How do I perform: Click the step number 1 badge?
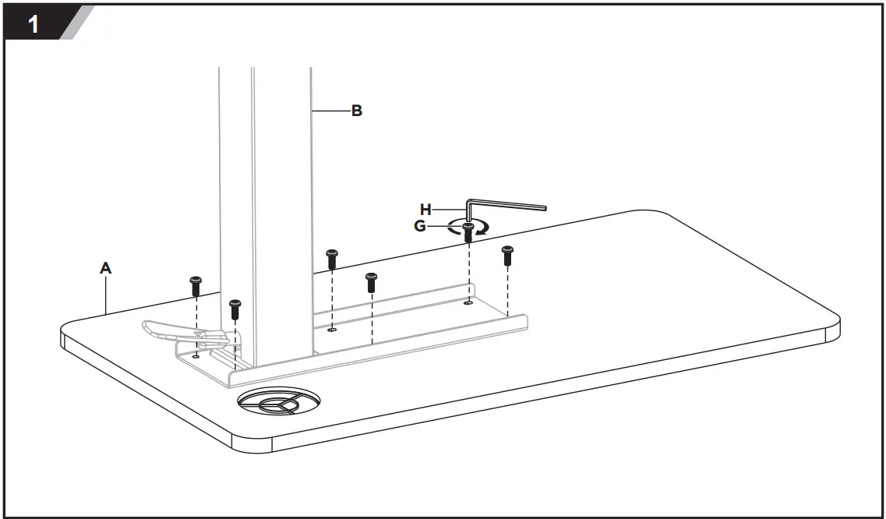35,23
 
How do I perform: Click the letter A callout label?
106,268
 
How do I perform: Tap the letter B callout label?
356,111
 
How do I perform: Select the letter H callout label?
425,209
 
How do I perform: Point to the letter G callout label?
420,226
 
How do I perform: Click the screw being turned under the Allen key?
468,231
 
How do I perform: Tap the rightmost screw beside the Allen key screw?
507,255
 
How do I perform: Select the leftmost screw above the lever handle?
196,285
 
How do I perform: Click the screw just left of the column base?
235,308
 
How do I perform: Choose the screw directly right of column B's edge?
332,258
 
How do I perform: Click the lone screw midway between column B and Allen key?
372,281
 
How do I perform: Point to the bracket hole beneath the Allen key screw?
468,303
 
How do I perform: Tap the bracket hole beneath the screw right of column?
333,330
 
